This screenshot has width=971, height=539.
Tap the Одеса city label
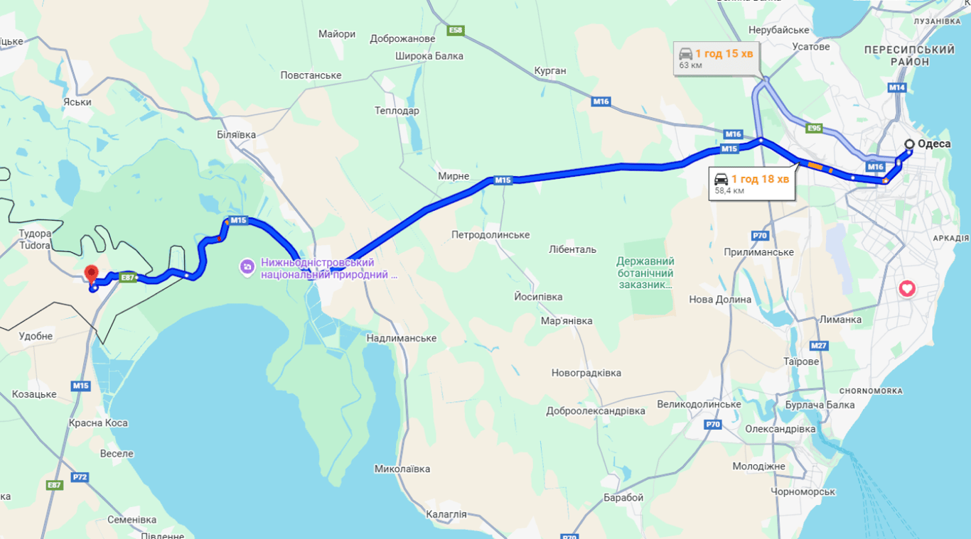coord(933,144)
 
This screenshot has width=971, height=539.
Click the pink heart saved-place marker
coord(907,288)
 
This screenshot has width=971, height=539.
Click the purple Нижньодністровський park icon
coord(247,267)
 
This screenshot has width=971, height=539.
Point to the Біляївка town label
coord(236,134)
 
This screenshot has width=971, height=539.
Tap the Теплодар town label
coord(397,111)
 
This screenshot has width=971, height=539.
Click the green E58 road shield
coord(456,31)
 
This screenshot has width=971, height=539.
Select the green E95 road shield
coord(815,129)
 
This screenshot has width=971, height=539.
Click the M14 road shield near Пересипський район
coord(897,87)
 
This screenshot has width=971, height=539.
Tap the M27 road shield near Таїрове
coord(819,346)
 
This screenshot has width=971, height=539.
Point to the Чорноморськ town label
coord(803,491)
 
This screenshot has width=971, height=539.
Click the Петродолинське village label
coord(490,235)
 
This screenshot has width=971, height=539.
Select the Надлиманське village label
coord(401,338)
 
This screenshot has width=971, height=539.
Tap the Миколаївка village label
coord(402,469)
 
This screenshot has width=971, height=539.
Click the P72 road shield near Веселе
coord(80,477)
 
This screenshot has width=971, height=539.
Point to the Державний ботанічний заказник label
coord(645,273)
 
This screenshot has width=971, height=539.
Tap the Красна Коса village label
coord(98,423)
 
